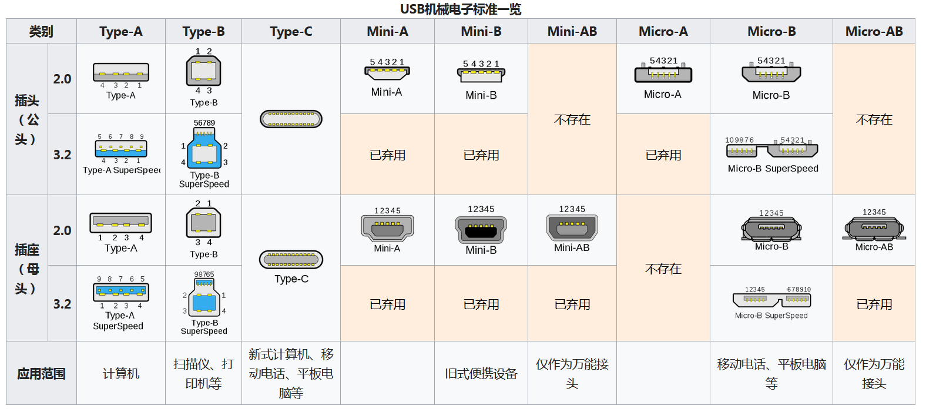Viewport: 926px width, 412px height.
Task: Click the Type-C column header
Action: point(291,32)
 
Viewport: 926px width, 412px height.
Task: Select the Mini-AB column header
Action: point(572,32)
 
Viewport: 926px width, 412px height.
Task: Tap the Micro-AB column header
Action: point(874,32)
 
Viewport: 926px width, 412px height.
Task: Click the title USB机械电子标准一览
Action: point(461,9)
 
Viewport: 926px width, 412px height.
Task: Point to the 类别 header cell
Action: point(41,32)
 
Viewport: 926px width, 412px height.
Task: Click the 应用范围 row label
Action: point(41,374)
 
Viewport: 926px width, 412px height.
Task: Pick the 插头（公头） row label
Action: point(26,120)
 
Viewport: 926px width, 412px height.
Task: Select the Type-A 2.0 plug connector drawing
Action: point(121,73)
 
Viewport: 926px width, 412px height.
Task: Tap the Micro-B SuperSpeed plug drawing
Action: point(771,150)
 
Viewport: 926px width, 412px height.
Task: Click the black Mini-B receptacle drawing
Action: point(481,229)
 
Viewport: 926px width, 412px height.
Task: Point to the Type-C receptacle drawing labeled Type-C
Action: point(291,259)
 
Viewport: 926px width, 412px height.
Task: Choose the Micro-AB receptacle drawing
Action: point(874,229)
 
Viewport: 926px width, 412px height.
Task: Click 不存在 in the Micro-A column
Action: point(663,269)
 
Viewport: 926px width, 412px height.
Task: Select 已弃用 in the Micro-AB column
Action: point(874,304)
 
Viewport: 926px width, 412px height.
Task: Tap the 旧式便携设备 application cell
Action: point(481,374)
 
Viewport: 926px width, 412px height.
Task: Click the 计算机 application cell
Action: point(121,374)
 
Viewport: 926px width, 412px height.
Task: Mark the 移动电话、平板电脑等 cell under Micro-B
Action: point(771,374)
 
